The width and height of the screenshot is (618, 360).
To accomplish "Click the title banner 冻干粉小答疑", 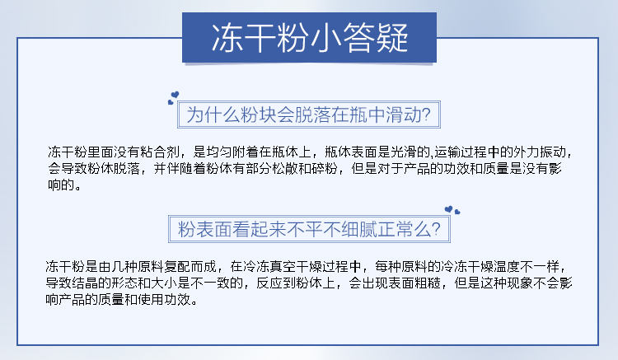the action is click(x=309, y=37).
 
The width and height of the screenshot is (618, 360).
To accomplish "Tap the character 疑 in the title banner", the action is click(x=391, y=38).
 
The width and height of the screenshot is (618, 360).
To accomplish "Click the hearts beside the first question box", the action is click(x=173, y=98).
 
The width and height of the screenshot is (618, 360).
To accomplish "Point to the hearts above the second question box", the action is click(x=452, y=210).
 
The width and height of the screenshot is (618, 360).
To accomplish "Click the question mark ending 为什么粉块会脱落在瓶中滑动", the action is click(x=426, y=115).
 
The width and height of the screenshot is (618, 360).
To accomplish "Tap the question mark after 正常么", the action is click(x=436, y=229).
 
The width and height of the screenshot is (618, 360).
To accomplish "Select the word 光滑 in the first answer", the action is click(x=404, y=152).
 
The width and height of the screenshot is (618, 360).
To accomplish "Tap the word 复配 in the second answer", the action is click(x=177, y=267).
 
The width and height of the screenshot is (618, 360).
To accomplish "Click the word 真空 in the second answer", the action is click(x=283, y=267).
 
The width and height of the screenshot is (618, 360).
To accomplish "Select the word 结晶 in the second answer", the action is click(x=85, y=283).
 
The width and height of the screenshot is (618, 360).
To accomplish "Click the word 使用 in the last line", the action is click(x=151, y=300).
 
